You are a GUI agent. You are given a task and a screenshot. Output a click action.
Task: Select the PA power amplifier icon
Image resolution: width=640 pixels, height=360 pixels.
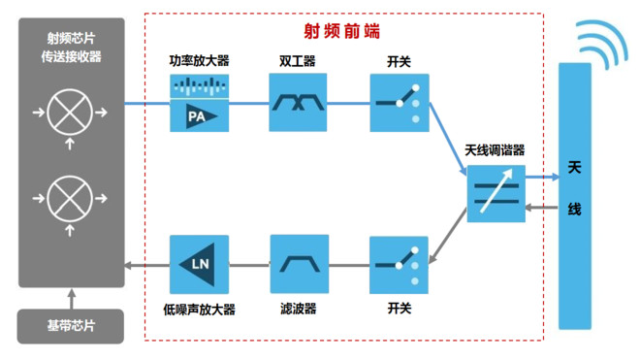(x=199, y=103)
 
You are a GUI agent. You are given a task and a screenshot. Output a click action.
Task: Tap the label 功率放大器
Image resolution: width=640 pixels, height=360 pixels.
(x=199, y=61)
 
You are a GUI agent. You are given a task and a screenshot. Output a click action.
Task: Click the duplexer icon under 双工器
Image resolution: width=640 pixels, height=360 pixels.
(x=298, y=103)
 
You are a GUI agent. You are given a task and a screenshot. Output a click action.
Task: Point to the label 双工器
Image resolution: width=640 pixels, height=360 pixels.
(x=298, y=61)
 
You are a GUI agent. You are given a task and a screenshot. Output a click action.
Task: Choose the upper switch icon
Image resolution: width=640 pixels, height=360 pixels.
(x=399, y=103)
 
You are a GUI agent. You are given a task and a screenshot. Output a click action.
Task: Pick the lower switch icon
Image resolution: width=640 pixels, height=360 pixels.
(x=399, y=265)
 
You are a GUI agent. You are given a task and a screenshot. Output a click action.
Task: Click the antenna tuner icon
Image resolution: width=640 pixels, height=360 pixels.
(x=496, y=194)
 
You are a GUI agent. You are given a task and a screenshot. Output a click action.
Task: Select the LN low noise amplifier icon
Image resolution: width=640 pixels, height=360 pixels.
(x=199, y=265)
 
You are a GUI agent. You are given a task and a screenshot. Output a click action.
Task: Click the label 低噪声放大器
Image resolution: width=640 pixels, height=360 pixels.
(x=200, y=310)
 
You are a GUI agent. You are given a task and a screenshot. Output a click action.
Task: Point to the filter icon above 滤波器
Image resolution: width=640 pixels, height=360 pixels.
(x=298, y=265)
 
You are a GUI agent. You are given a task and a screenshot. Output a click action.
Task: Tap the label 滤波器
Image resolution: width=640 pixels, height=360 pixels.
(x=298, y=310)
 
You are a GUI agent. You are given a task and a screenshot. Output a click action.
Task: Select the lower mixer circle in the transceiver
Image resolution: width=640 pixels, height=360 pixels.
(x=72, y=198)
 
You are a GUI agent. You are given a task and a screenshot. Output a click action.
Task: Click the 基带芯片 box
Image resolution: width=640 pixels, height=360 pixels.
(x=72, y=327)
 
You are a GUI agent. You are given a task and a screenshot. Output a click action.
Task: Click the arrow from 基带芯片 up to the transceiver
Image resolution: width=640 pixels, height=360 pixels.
(x=72, y=298)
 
